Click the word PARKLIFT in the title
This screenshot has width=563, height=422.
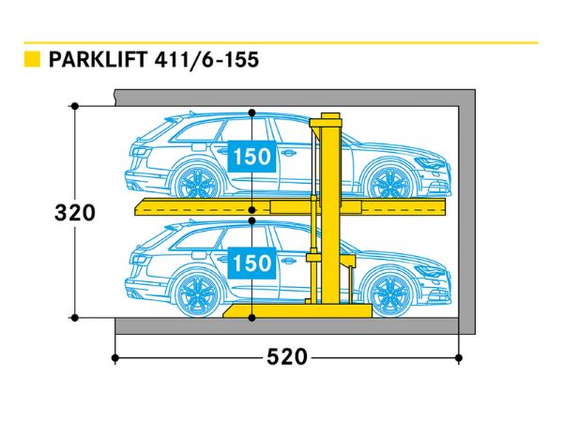coord(90,60)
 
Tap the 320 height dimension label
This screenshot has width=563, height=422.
coord(74,213)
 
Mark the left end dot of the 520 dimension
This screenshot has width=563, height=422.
coord(114,357)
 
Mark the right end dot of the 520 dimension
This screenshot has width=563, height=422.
coord(459,357)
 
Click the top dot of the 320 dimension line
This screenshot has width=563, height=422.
coord(73,106)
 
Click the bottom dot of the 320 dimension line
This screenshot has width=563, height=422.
coord(73,318)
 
